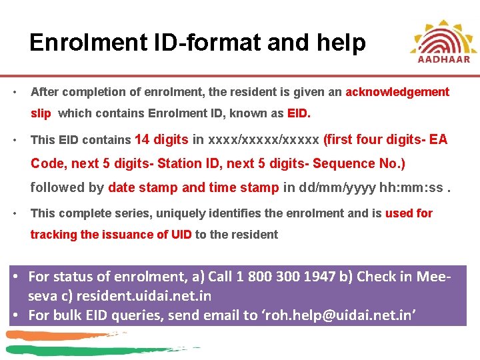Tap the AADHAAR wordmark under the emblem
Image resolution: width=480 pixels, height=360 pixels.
(x=444, y=58)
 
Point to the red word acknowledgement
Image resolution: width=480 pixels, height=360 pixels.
(x=397, y=92)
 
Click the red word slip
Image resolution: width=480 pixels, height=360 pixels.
(x=41, y=113)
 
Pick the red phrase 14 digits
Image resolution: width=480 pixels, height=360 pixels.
(x=161, y=139)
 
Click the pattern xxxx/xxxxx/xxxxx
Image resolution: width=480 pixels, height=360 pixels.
(x=264, y=139)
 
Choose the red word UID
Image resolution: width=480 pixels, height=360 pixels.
(x=181, y=234)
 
